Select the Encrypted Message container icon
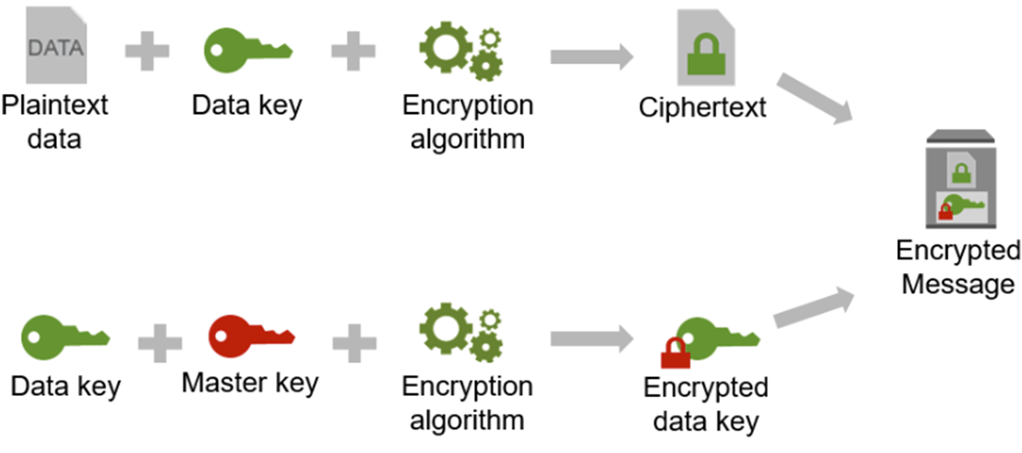959,180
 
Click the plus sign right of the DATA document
147,52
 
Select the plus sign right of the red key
354,342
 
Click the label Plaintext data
54,121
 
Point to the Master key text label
250,382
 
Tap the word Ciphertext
702,108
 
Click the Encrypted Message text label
959,267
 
